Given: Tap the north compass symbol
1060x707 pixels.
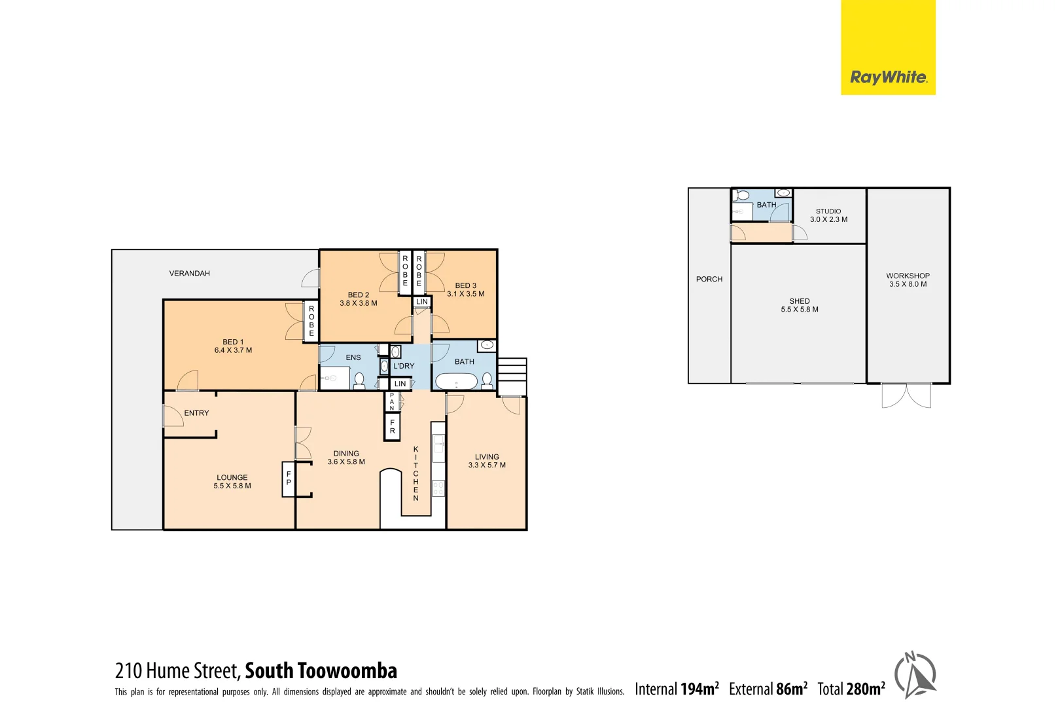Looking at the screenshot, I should [x=915, y=675].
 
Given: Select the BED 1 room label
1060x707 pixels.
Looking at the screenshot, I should [x=233, y=346].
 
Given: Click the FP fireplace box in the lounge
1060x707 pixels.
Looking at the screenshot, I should [x=289, y=479].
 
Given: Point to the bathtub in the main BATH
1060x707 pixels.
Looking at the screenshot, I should [x=456, y=381].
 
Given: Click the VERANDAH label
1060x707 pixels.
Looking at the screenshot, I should [x=189, y=274].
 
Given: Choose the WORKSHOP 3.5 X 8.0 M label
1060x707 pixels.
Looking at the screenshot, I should [x=908, y=280].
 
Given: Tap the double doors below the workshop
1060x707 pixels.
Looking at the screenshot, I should [x=906, y=396].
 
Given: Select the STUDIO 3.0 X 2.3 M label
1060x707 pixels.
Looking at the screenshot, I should [x=828, y=215].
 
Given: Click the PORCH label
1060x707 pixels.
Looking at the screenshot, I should [x=709, y=280].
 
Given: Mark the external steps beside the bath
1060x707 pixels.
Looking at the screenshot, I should [x=512, y=376].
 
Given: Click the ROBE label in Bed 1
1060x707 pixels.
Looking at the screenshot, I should [x=311, y=321].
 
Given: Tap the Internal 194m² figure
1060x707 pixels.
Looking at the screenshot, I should [x=677, y=689].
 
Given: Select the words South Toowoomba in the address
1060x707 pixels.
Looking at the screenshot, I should [x=321, y=671].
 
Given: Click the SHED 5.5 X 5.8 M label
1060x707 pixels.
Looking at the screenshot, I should [x=799, y=306].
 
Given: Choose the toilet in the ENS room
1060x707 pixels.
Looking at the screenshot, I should [x=359, y=380].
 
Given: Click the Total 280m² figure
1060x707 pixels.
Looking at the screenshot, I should [x=851, y=689].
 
